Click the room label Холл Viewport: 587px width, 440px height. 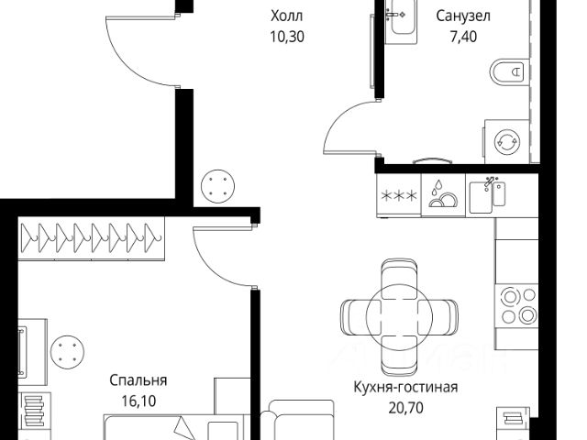286,16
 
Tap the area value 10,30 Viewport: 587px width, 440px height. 286,38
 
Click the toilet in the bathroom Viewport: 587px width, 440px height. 509,71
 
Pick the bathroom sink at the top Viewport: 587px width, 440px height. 401,19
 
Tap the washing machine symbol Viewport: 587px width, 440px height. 507,142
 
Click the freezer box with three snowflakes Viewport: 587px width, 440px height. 399,194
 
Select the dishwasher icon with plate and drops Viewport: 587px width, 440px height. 443,194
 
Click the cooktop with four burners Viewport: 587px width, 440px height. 516,305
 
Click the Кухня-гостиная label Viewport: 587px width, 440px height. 405,386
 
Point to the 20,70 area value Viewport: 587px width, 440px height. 405,407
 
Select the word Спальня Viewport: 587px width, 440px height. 138,379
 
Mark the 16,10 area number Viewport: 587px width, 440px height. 138,401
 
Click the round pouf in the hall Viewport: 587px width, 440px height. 217,188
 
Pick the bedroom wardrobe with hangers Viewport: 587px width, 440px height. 93,236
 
